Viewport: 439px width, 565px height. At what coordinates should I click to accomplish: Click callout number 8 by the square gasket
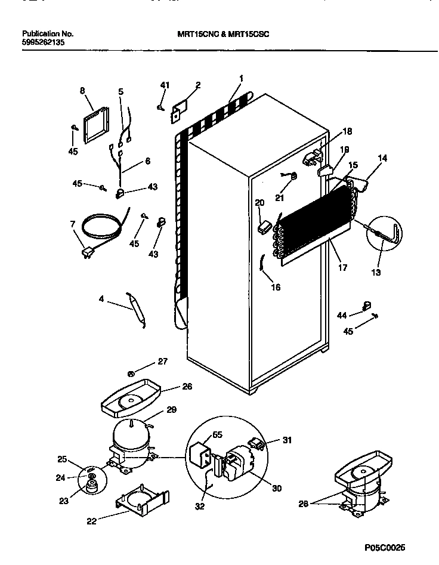tap(82, 91)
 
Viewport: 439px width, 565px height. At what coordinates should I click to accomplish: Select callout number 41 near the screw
tap(164, 86)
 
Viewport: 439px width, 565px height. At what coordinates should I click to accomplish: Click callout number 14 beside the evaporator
tap(382, 159)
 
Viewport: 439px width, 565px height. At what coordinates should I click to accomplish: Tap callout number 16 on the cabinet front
tap(275, 287)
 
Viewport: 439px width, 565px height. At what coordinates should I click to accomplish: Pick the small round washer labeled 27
tap(131, 374)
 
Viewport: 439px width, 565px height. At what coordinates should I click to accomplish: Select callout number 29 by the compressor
tap(171, 410)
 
